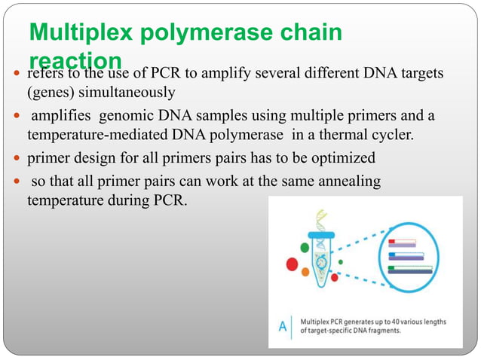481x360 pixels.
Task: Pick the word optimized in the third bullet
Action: click(x=339, y=159)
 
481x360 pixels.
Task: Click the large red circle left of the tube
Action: click(x=291, y=264)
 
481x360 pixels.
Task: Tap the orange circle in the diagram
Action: click(x=305, y=272)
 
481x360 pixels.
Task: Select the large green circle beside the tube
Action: click(x=304, y=246)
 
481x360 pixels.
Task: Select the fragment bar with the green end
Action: click(x=410, y=268)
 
